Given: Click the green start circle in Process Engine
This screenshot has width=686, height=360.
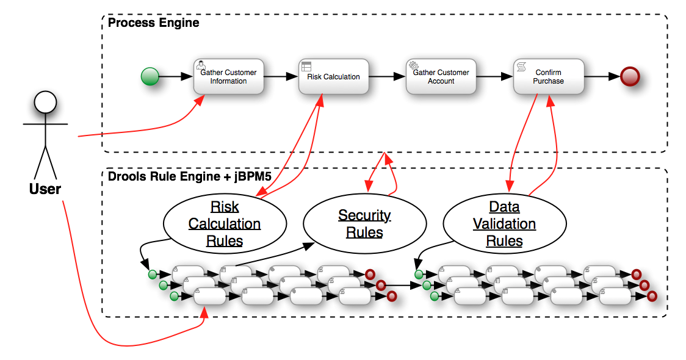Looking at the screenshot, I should (x=150, y=77).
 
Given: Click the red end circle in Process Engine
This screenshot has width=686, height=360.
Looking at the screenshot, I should (x=629, y=77).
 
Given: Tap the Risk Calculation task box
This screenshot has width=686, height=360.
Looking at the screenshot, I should (x=333, y=77).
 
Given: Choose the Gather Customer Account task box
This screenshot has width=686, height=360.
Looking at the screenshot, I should (x=441, y=77).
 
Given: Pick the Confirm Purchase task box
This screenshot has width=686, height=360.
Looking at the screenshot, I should (x=548, y=77).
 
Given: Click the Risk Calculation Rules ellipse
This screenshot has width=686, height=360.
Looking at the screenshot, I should (x=225, y=224).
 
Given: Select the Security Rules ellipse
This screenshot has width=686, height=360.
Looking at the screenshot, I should (x=364, y=224).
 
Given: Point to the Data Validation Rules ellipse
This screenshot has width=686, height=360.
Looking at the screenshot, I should (x=504, y=224).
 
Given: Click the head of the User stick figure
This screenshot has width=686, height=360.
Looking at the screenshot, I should (x=45, y=105).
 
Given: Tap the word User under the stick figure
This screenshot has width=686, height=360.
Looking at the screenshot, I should (x=45, y=189).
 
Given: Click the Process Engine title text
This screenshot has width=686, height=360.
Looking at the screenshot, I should (x=153, y=23).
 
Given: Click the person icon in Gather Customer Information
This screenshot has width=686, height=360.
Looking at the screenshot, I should (x=199, y=64).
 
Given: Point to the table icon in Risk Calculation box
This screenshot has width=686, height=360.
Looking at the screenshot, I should (x=306, y=65).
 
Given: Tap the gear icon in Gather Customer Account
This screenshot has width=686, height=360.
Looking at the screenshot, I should (x=413, y=65).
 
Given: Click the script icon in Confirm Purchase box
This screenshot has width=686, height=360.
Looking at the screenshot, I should (x=521, y=65).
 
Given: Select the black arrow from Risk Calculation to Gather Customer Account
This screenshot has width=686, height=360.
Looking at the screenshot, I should (x=384, y=77).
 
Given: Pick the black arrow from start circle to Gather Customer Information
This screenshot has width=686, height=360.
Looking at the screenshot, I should (x=175, y=77).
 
